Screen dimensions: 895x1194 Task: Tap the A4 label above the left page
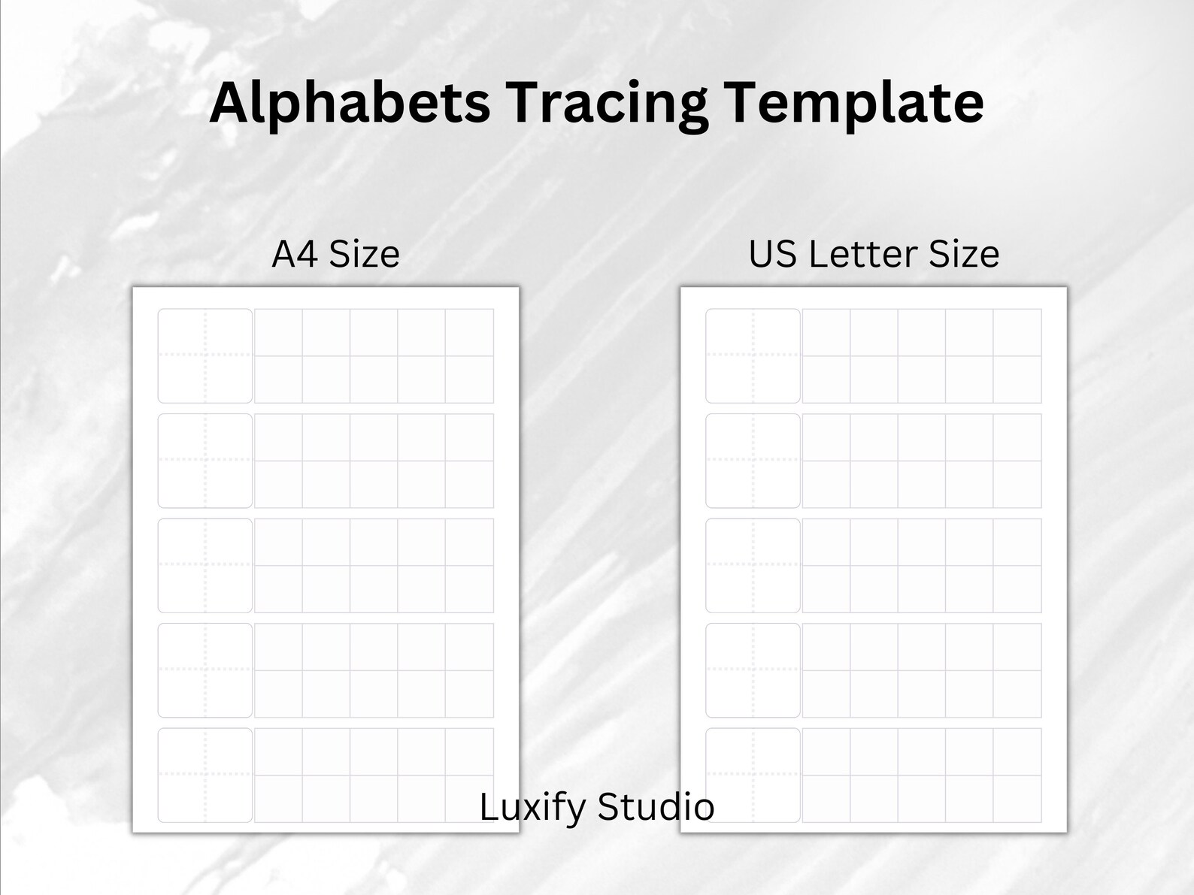click(x=294, y=254)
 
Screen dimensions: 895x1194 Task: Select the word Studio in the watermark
click(x=655, y=807)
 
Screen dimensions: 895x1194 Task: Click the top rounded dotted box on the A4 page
click(x=205, y=355)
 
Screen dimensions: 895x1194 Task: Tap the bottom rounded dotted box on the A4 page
click(x=205, y=775)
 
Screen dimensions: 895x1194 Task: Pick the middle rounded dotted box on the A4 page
click(x=205, y=565)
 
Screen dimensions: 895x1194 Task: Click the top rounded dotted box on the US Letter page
click(x=753, y=355)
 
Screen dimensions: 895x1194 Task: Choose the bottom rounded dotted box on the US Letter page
click(x=753, y=775)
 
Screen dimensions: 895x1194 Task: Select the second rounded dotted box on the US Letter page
click(x=753, y=461)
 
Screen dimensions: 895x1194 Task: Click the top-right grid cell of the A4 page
click(x=469, y=332)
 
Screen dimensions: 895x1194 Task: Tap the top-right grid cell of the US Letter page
click(x=1017, y=332)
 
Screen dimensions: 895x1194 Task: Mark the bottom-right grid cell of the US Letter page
click(x=1017, y=798)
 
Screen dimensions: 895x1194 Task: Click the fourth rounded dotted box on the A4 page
click(x=205, y=670)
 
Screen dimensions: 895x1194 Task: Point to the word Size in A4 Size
click(x=364, y=254)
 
